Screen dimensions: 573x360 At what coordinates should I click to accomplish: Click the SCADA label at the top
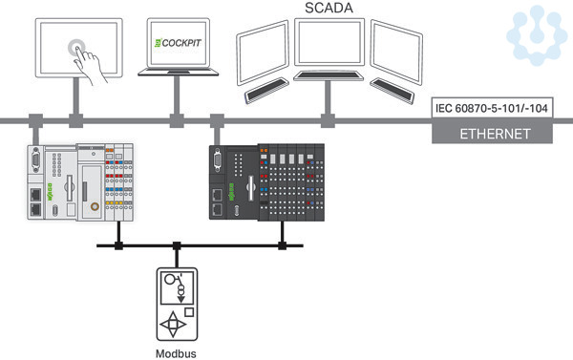pyautogui.click(x=329, y=8)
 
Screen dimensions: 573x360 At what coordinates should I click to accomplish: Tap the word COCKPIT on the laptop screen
pyautogui.click(x=181, y=43)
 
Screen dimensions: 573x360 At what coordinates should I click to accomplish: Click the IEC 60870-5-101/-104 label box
pyautogui.click(x=492, y=108)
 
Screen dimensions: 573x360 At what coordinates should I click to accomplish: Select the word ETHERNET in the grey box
pyautogui.click(x=495, y=134)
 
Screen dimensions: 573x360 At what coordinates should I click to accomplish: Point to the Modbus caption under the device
pyautogui.click(x=176, y=353)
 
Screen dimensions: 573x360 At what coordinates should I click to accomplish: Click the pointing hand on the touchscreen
pyautogui.click(x=90, y=65)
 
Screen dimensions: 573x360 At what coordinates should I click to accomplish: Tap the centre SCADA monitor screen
pyautogui.click(x=329, y=42)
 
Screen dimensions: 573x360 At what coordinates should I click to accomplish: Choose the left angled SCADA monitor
pyautogui.click(x=263, y=53)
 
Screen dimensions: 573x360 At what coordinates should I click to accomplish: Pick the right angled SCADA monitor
pyautogui.click(x=396, y=52)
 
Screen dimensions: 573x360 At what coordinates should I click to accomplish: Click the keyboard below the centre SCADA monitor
pyautogui.click(x=329, y=75)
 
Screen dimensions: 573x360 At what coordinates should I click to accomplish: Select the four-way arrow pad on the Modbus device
pyautogui.click(x=173, y=324)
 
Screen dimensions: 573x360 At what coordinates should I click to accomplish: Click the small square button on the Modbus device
pyautogui.click(x=189, y=312)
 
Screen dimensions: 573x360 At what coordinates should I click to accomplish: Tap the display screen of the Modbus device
pyautogui.click(x=178, y=287)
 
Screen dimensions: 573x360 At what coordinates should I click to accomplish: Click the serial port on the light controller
pyautogui.click(x=35, y=159)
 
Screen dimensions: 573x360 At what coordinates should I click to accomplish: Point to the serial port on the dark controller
pyautogui.click(x=217, y=159)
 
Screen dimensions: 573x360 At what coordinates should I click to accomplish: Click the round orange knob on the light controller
pyautogui.click(x=95, y=206)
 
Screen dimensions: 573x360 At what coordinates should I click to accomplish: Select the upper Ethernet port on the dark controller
pyautogui.click(x=218, y=195)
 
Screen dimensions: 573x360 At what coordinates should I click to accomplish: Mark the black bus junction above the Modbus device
pyautogui.click(x=177, y=245)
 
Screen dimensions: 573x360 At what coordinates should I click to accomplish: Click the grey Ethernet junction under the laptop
pyautogui.click(x=177, y=120)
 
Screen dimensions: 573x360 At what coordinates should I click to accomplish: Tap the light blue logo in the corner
pyautogui.click(x=536, y=35)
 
